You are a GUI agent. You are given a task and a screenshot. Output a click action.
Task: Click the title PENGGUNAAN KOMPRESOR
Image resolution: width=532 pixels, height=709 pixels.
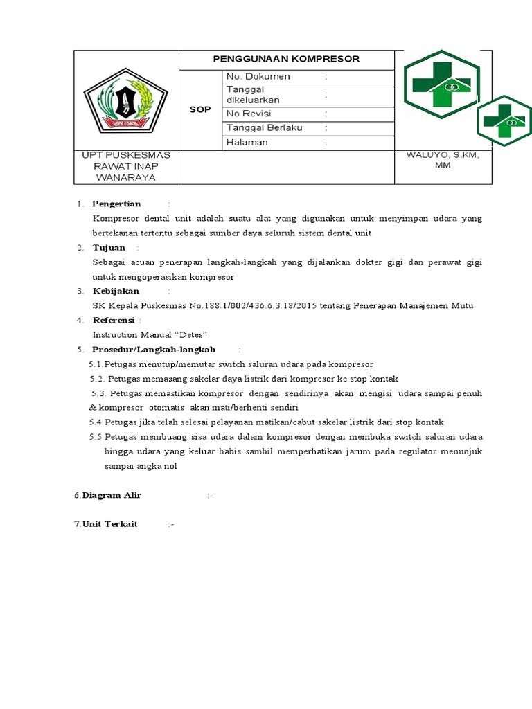tap(286, 59)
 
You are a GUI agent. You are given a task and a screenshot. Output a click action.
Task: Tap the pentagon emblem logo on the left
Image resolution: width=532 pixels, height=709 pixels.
tap(125, 101)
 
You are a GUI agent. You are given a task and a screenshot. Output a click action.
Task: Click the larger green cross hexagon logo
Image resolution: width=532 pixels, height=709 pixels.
tap(441, 85)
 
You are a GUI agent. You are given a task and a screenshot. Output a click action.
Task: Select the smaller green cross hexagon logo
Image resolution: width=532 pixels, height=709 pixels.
tap(504, 120)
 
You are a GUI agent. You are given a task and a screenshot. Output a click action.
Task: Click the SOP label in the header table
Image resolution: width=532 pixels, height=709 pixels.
tap(200, 110)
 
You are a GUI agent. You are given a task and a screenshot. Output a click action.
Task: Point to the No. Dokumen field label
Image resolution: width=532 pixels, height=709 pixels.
tap(258, 76)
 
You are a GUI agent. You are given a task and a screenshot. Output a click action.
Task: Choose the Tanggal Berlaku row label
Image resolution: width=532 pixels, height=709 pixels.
tap(265, 128)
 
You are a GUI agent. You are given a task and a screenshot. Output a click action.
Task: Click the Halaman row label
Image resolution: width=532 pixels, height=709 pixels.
tap(247, 143)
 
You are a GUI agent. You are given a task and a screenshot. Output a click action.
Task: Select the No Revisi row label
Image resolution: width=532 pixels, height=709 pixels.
tap(249, 114)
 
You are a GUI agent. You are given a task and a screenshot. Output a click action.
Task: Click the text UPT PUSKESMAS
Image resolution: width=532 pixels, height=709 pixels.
tap(126, 155)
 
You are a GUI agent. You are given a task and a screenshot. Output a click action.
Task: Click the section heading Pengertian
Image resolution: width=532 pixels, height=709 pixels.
tap(116, 204)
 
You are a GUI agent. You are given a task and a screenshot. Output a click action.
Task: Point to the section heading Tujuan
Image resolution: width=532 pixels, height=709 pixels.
tap(109, 248)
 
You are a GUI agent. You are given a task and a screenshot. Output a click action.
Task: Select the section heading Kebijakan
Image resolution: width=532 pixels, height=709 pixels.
tap(116, 291)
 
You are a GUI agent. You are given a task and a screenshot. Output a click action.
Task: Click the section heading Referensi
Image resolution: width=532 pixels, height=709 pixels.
tap(114, 320)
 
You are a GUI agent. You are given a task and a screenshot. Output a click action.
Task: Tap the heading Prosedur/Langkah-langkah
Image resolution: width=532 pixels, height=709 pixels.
tap(154, 350)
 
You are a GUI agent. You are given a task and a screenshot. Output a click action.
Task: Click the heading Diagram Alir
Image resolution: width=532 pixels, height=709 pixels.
tap(112, 496)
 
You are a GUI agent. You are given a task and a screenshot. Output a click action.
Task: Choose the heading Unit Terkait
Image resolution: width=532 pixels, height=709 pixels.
tap(110, 524)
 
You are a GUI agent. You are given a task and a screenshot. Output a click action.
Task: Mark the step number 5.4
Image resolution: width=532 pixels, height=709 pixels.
tap(96, 422)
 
